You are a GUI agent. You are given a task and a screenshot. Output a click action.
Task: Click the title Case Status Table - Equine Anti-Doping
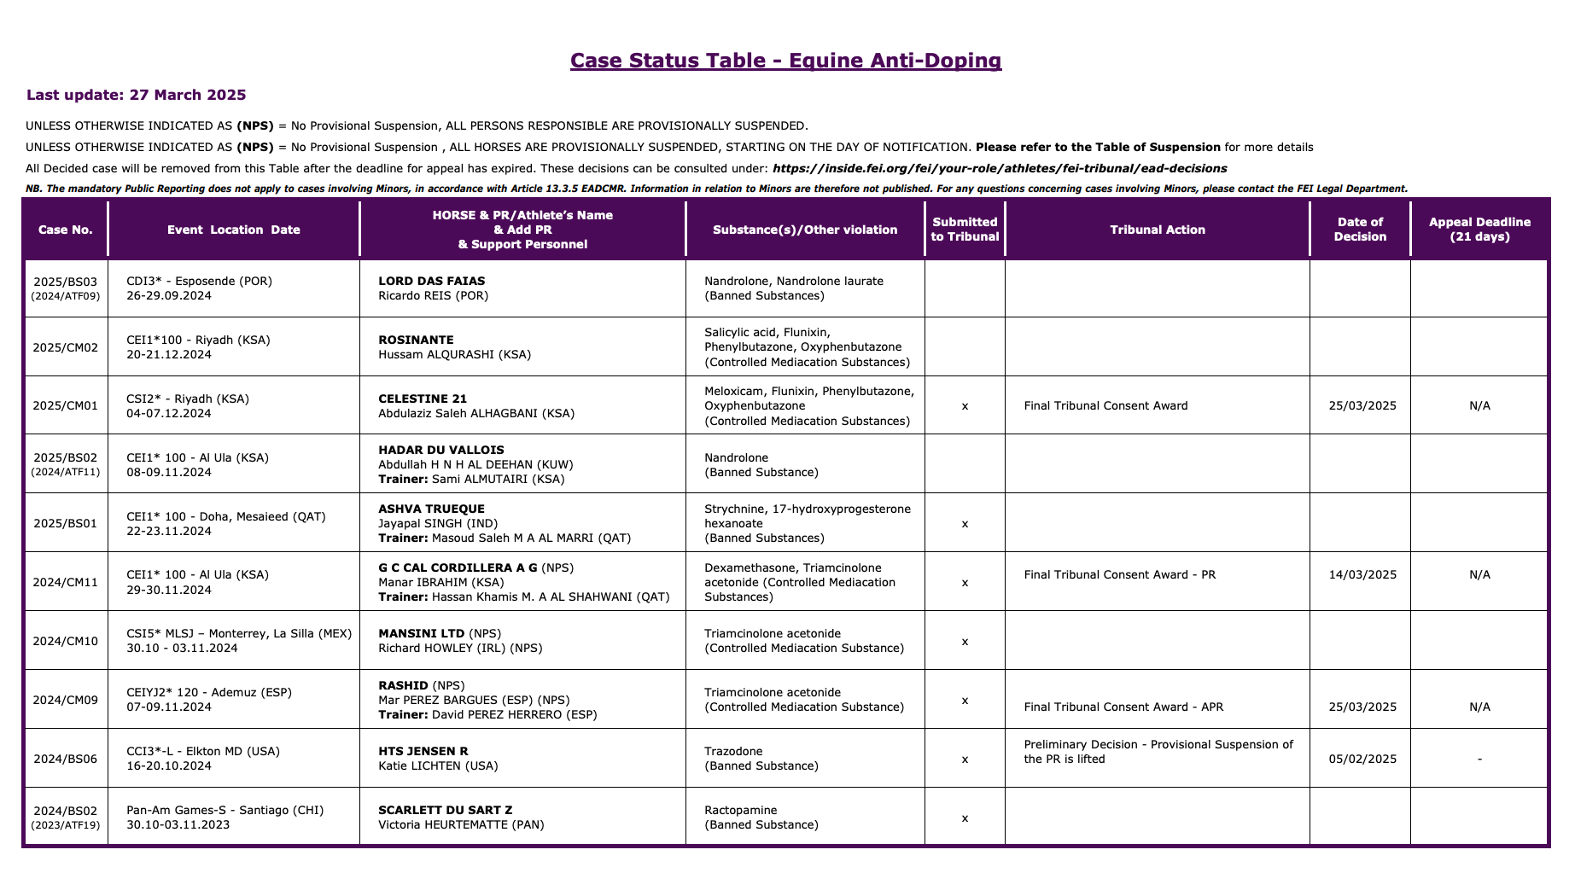785,61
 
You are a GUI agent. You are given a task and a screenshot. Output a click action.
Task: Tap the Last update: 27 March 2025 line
137,95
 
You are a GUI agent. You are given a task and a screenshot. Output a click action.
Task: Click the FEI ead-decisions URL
1000,168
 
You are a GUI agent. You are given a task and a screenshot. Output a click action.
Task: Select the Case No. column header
66,230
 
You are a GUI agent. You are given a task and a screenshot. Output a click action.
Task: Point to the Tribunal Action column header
1157,230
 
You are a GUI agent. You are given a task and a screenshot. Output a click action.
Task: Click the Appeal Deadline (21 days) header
1479,230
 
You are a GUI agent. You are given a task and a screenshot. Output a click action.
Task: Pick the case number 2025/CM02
66,347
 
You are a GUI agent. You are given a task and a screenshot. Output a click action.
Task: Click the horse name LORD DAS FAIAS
431,281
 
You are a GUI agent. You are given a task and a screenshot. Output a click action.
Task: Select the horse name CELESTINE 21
423,399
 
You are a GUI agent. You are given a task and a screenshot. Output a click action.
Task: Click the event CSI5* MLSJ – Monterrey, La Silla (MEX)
239,633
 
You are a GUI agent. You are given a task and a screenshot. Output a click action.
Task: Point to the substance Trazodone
733,751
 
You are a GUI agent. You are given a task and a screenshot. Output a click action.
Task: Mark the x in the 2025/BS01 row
965,524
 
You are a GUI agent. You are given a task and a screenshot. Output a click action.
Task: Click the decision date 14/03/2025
1362,574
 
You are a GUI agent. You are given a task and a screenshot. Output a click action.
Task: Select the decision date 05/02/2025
1362,759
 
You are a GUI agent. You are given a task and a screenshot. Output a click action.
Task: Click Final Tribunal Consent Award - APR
1123,707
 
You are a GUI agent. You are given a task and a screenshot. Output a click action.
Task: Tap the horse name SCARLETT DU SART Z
445,810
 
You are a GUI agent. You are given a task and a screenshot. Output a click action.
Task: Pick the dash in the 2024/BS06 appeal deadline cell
1479,759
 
